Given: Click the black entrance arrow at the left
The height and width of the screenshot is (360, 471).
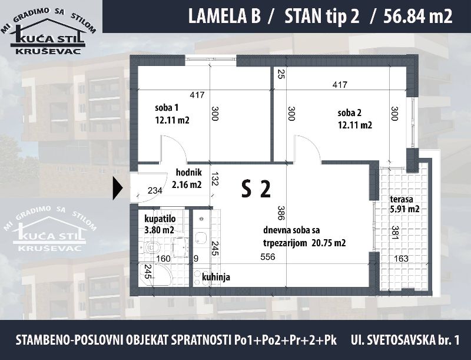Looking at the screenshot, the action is (x=117, y=188).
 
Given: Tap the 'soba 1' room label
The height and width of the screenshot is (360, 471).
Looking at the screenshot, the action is (x=167, y=108).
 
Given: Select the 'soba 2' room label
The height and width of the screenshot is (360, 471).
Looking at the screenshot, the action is (x=349, y=113).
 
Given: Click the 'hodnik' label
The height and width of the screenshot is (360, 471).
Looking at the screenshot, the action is (x=188, y=173).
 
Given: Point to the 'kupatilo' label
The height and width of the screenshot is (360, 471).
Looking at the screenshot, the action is (x=160, y=219).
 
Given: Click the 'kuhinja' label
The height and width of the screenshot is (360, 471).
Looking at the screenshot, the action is (x=216, y=277).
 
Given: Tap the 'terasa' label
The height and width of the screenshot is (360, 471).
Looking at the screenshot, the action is (x=402, y=199).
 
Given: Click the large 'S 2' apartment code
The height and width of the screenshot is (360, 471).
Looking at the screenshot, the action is (x=256, y=189).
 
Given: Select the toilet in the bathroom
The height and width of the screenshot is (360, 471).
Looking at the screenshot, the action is (x=151, y=247).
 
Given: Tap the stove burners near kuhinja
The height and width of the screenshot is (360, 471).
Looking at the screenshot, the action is (x=197, y=278).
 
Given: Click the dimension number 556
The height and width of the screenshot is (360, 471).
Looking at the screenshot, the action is (x=268, y=257).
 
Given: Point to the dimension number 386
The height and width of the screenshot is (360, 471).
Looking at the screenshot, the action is (x=281, y=213).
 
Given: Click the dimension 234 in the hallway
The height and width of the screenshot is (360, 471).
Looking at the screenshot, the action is (x=155, y=190).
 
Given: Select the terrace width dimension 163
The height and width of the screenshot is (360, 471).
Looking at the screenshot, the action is (x=401, y=258).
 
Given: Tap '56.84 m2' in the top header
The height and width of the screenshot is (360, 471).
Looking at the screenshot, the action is (x=418, y=16).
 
